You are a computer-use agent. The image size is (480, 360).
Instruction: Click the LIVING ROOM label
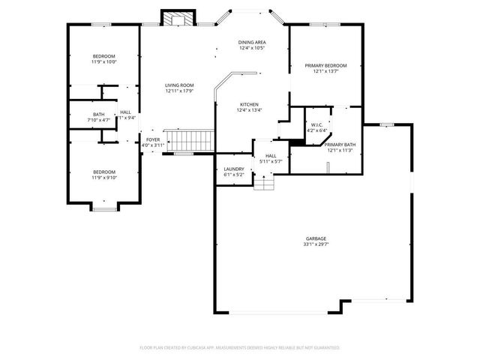coord(179,85)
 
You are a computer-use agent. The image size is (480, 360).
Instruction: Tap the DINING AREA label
coord(253,42)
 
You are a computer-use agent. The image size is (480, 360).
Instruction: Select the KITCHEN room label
coord(249,104)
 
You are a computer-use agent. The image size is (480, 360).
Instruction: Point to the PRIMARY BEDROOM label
coord(325,66)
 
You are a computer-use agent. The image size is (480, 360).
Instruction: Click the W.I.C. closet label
coord(316,124)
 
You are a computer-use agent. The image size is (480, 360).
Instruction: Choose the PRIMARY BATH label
coord(340,144)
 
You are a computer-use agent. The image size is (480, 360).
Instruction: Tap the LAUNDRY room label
coord(234,169)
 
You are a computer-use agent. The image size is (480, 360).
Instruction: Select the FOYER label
coord(153,139)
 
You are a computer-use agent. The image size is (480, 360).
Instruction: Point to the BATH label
coord(99,114)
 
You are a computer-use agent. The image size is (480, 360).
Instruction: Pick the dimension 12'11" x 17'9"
coord(179,91)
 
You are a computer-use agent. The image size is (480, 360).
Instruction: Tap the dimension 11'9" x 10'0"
coord(104,62)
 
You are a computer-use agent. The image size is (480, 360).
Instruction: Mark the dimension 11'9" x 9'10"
coord(104,177)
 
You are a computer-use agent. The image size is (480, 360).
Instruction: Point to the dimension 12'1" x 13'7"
coord(325,72)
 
